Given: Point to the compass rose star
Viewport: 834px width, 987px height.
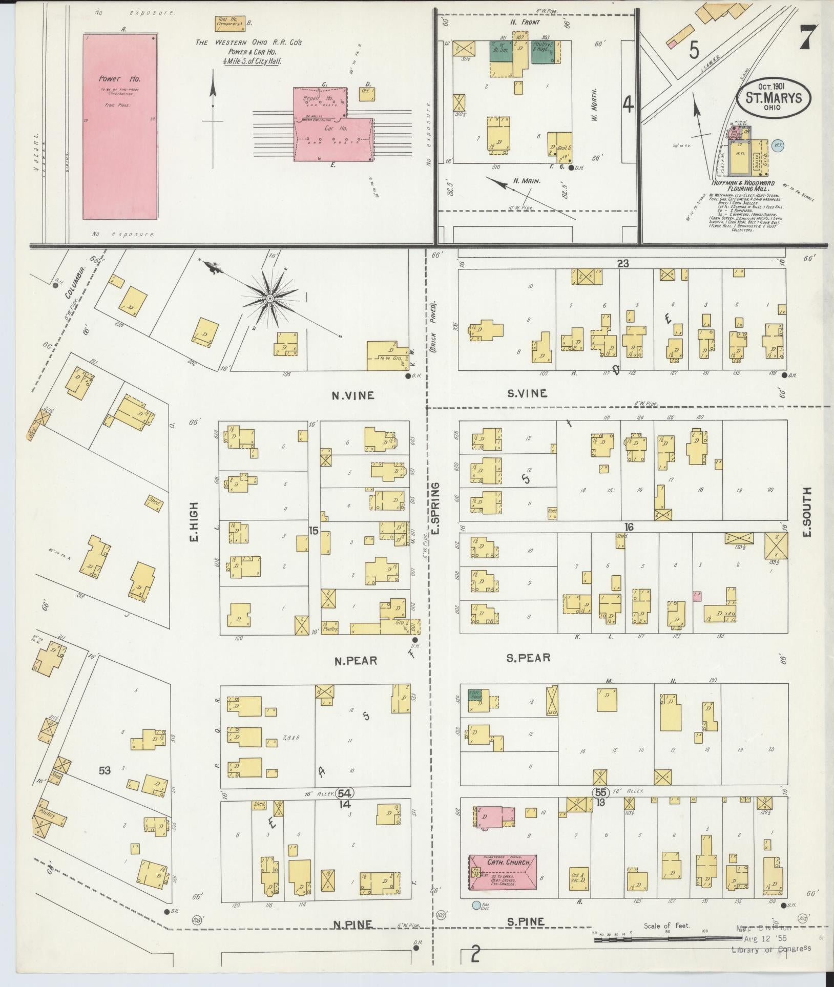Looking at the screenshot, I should tap(269, 298).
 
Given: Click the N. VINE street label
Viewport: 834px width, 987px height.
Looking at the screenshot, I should tap(353, 395).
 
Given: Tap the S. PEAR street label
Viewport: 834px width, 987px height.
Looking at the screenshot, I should tap(528, 658).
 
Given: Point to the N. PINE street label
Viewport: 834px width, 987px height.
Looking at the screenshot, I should tap(352, 925).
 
